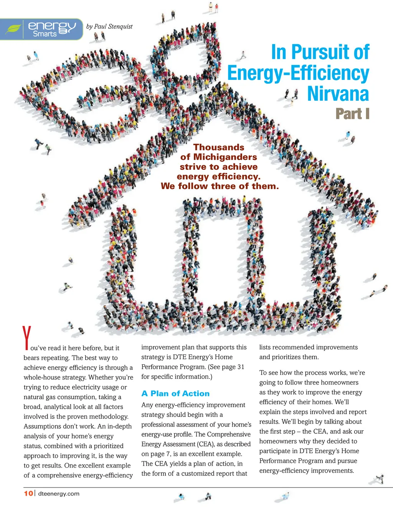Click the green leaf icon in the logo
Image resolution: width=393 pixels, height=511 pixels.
click(x=13, y=29)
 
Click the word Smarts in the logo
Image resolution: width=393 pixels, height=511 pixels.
click(x=45, y=34)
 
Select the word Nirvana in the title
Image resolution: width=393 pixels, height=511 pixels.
click(x=338, y=94)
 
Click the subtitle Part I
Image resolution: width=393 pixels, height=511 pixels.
click(x=352, y=114)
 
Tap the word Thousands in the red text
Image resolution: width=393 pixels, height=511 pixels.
click(x=219, y=148)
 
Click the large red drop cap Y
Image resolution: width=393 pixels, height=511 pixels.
click(x=26, y=338)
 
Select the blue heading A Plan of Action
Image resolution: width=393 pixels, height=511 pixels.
click(x=175, y=393)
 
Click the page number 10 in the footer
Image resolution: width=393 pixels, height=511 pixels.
click(x=28, y=493)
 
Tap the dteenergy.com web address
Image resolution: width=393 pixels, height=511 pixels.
click(x=59, y=494)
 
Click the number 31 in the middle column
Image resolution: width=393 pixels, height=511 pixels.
click(x=241, y=367)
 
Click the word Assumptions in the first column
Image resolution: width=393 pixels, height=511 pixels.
click(x=42, y=426)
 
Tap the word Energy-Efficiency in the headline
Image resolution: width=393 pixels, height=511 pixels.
click(x=298, y=73)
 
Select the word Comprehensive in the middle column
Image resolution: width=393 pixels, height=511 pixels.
click(x=229, y=435)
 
